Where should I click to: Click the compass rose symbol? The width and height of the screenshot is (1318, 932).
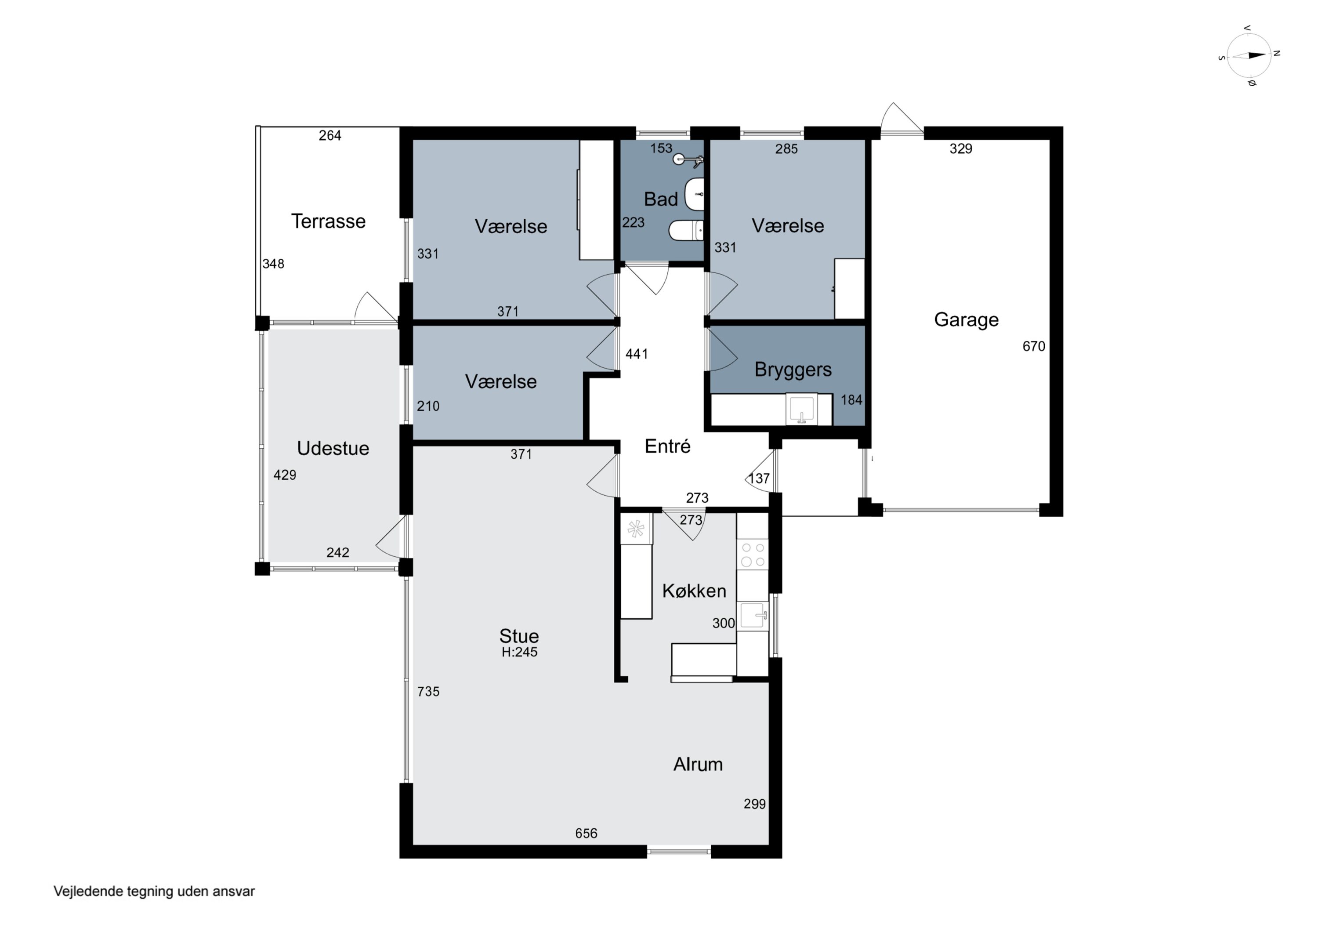click(1249, 56)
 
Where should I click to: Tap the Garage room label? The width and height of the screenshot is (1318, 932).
click(966, 320)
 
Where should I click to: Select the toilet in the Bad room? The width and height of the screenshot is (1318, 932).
click(686, 230)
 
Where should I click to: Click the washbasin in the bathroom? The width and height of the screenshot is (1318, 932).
click(695, 194)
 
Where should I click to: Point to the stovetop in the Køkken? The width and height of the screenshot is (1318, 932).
click(753, 554)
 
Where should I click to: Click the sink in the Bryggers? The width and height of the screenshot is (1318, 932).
click(801, 409)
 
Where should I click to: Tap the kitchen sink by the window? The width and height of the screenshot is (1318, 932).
click(753, 616)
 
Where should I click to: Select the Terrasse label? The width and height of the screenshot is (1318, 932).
click(328, 221)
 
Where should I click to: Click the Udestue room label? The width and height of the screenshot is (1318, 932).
click(333, 448)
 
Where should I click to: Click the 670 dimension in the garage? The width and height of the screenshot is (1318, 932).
click(1034, 346)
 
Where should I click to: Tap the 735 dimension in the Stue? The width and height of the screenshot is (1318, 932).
click(428, 691)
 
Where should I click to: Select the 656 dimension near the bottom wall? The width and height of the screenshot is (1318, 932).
click(586, 833)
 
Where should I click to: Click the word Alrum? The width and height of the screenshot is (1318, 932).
click(698, 764)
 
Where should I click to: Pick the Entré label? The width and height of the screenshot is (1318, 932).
click(668, 446)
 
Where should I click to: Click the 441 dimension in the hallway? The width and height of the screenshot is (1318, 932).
click(637, 354)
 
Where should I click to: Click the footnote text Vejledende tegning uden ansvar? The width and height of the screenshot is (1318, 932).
click(154, 891)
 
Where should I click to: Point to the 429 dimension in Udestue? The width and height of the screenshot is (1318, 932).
click(285, 475)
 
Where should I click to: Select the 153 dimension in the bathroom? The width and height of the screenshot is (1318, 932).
click(661, 148)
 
